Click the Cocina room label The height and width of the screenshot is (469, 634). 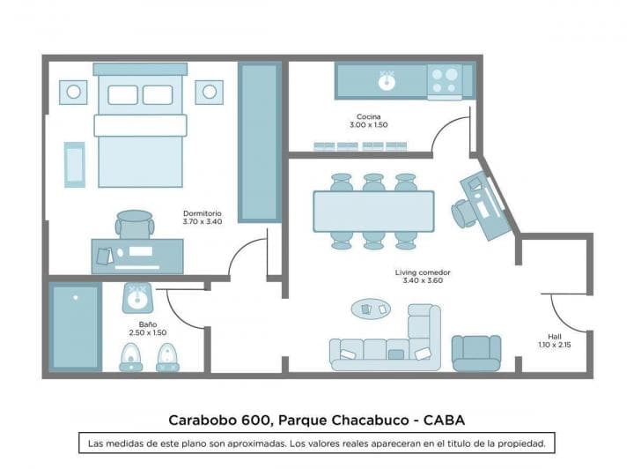click(369, 116)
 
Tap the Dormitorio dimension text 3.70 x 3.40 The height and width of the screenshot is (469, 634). click(202, 221)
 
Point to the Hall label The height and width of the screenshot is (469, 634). click(554, 336)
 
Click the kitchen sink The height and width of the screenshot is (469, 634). click(385, 81)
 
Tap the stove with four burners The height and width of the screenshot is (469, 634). click(445, 80)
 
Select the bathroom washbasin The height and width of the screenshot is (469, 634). click(135, 298)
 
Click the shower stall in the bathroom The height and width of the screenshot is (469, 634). click(75, 326)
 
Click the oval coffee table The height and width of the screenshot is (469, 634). click(371, 309)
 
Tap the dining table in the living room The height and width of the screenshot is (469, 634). click(373, 212)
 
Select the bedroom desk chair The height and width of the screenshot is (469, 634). click(134, 225)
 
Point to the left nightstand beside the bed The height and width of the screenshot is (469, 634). click(73, 91)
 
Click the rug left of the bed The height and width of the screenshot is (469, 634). click(75, 164)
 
